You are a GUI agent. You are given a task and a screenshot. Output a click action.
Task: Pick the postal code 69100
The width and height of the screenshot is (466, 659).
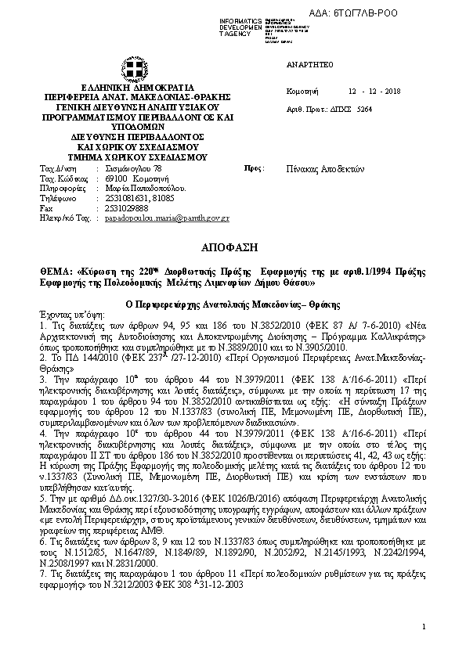click(115, 178)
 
